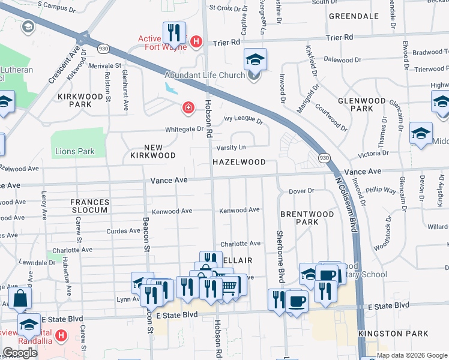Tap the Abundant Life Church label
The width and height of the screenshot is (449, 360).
pos(205,75)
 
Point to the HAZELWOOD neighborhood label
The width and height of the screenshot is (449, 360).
pos(238,162)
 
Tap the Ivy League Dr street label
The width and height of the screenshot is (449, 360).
pos(244,121)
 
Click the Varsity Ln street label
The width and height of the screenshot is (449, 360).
pos(231,147)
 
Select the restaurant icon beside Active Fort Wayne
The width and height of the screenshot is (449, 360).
pos(174,34)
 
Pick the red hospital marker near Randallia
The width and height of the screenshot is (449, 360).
pos(61,335)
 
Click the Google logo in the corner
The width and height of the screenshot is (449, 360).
pos(20,353)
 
